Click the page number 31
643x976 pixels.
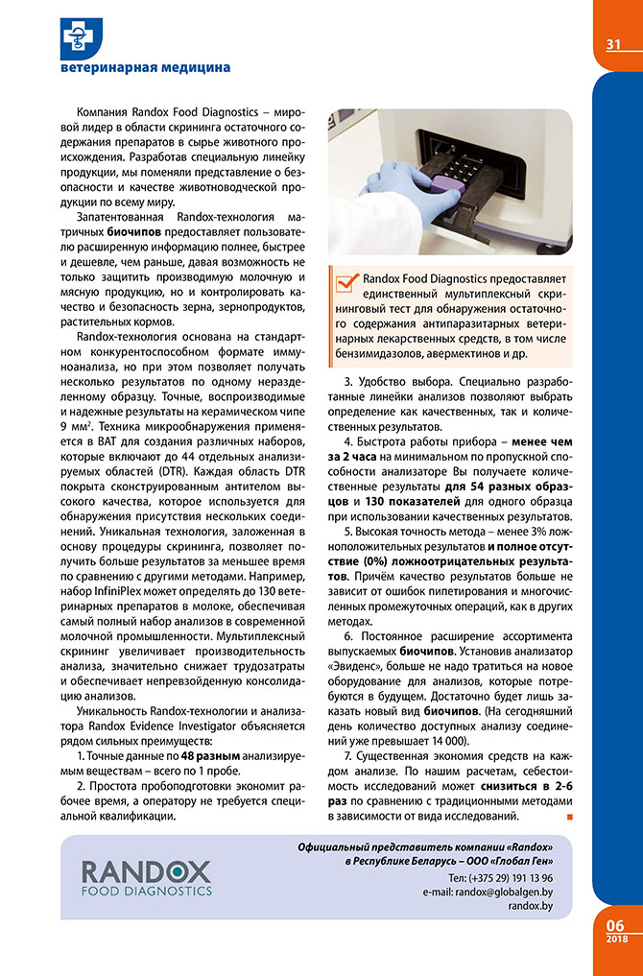(614, 45)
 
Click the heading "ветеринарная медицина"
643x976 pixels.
(145, 68)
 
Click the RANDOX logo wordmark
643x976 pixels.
(146, 871)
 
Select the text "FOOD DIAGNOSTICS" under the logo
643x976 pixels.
(146, 891)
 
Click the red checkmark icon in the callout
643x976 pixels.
(346, 280)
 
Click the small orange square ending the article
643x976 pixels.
(571, 817)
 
